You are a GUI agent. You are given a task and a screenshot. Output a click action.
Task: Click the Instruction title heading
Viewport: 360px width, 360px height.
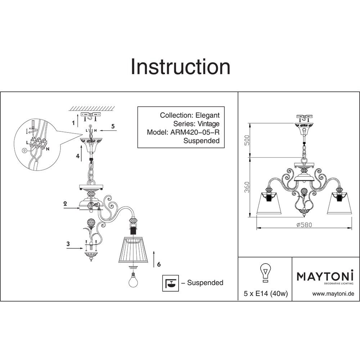(180, 67)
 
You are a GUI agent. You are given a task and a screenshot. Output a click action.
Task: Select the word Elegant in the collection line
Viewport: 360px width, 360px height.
(207, 115)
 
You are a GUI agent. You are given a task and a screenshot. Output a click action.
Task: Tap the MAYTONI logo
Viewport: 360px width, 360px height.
(325, 276)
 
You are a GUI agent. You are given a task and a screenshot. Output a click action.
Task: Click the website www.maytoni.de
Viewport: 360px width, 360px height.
(333, 294)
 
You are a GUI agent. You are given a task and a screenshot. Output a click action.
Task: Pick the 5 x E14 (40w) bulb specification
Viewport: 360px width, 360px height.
(265, 294)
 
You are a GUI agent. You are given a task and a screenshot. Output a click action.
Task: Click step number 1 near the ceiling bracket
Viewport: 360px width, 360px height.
(73, 123)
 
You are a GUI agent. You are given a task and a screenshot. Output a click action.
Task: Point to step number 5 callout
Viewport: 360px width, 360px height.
(113, 126)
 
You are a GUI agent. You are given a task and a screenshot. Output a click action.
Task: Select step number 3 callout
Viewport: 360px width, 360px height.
(68, 244)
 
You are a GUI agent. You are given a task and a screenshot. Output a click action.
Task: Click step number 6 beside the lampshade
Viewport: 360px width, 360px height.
(159, 264)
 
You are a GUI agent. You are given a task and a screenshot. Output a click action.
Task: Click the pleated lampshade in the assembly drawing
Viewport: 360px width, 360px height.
(134, 250)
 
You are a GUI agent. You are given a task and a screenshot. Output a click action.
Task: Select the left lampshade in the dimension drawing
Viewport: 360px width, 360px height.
(269, 203)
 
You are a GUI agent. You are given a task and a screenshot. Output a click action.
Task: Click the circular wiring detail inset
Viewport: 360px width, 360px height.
(35, 143)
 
